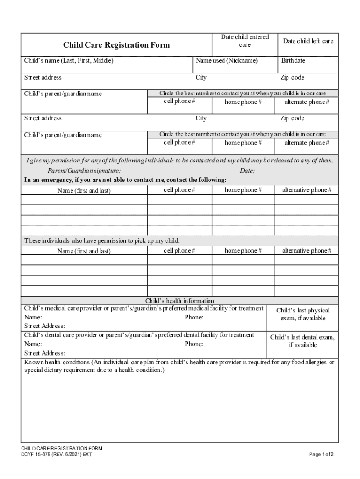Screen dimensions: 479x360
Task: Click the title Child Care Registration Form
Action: [116, 45]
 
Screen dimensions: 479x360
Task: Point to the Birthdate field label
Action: [293, 61]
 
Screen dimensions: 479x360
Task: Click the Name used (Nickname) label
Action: [227, 61]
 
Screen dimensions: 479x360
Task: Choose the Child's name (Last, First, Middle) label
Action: [69, 61]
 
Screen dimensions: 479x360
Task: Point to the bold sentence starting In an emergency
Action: [125, 180]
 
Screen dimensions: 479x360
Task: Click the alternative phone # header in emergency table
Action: [307, 190]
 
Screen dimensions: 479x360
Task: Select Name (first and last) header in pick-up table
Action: [84, 251]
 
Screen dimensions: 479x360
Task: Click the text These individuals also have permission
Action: [102, 241]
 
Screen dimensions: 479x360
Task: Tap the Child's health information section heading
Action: [180, 301]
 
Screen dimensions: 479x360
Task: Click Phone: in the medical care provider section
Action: [194, 318]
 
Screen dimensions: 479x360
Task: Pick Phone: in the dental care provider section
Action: [194, 344]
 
